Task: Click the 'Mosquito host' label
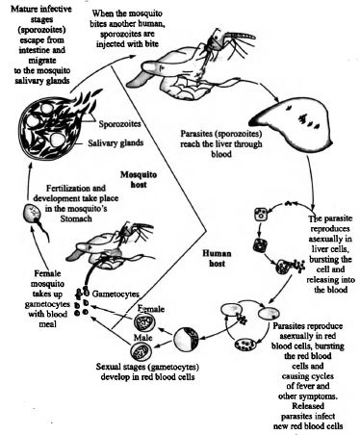[x=139, y=180]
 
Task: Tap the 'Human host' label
[x=217, y=259]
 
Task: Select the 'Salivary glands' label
[x=116, y=142]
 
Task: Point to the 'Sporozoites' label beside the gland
[x=119, y=124]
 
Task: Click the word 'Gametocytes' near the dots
[x=116, y=294]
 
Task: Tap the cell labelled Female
[x=144, y=322]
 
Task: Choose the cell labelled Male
[x=141, y=351]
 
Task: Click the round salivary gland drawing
[x=48, y=128]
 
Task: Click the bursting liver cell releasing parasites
[x=289, y=266]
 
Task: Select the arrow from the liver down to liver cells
[x=311, y=183]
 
